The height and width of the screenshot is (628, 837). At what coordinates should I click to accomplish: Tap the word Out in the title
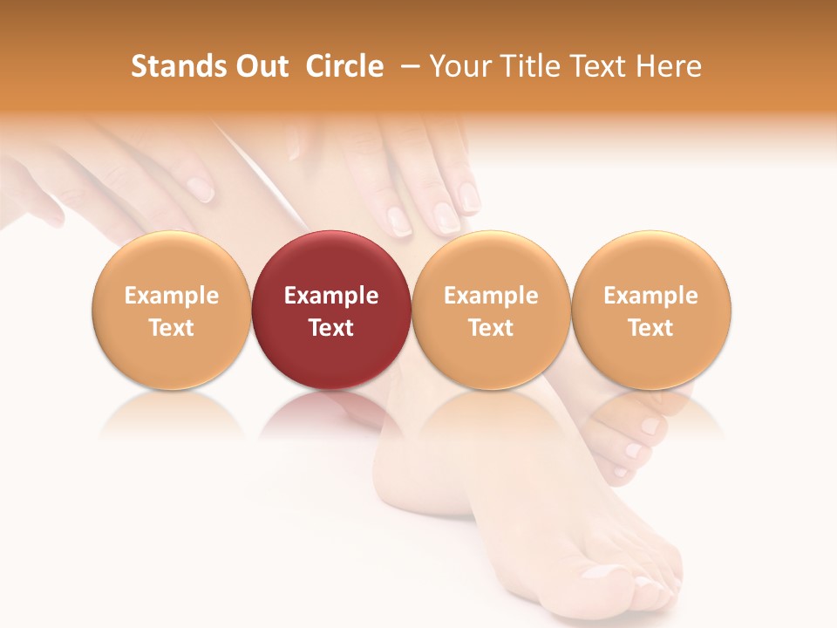click(x=261, y=66)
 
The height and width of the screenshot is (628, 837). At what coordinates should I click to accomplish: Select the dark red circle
click(x=331, y=310)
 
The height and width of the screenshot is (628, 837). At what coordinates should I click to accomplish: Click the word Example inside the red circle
click(x=331, y=296)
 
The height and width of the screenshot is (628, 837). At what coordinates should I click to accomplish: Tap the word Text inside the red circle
click(x=331, y=328)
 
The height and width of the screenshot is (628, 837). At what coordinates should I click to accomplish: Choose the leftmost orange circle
click(x=171, y=310)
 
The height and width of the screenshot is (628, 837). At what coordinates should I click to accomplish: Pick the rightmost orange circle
click(x=651, y=310)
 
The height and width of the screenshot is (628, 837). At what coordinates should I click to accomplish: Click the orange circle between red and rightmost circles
click(x=491, y=310)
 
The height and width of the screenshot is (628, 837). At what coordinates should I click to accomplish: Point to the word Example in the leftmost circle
click(x=171, y=296)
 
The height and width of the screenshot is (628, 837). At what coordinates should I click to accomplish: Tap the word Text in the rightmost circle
click(x=651, y=328)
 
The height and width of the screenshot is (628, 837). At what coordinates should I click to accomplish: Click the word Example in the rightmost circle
click(x=651, y=296)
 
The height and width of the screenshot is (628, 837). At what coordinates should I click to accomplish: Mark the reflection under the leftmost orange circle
click(x=171, y=413)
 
